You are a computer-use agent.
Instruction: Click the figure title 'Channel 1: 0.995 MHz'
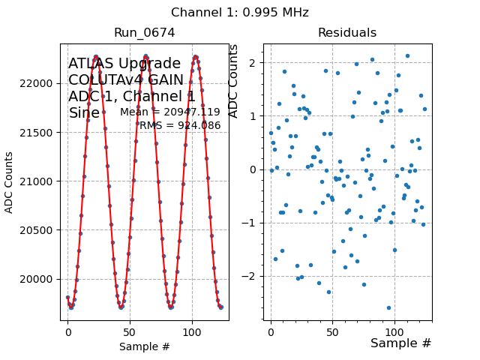click(240, 13)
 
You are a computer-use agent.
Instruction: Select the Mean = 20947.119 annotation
click(170, 112)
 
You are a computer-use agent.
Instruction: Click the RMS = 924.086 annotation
click(180, 126)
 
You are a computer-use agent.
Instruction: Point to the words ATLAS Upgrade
click(124, 64)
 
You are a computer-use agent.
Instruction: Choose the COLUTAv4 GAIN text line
click(126, 80)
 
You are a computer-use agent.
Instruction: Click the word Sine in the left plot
click(84, 113)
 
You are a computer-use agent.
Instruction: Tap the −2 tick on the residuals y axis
click(254, 276)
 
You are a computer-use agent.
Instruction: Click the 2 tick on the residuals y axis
click(254, 62)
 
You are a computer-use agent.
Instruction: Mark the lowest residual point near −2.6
click(388, 307)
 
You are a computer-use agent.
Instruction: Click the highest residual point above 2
click(407, 55)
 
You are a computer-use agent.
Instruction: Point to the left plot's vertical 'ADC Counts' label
click(10, 182)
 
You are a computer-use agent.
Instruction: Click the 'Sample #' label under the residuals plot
click(401, 343)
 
